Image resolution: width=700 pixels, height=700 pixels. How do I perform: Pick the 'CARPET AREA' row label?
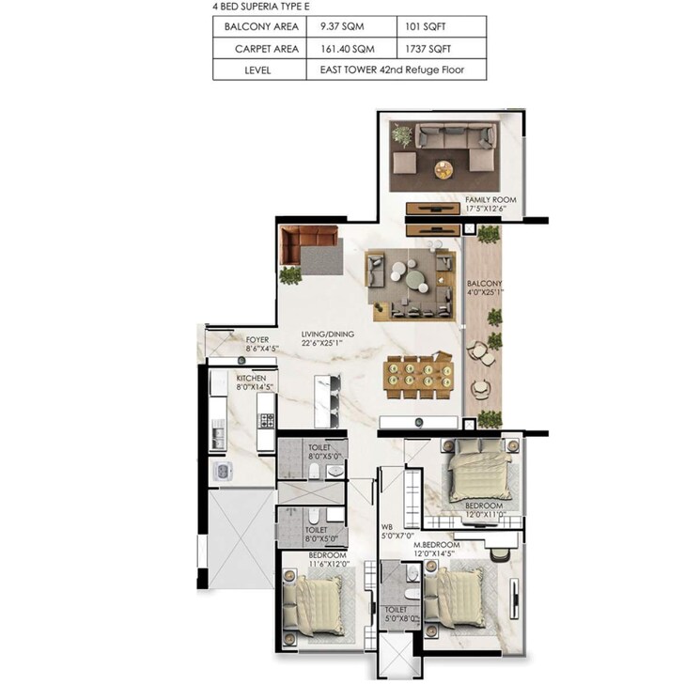pyautogui.click(x=261, y=48)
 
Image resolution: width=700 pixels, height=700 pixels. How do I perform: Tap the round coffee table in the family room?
pyautogui.click(x=443, y=169)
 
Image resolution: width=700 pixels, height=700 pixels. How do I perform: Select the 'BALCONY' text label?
pyautogui.click(x=485, y=284)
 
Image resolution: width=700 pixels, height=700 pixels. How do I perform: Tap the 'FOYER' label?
pyautogui.click(x=257, y=339)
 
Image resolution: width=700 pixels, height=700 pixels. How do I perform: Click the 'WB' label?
pyautogui.click(x=385, y=527)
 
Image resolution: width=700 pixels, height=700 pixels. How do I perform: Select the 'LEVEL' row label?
pyautogui.click(x=261, y=70)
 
